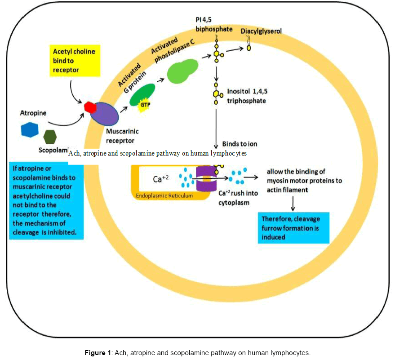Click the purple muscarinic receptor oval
[x=105, y=116]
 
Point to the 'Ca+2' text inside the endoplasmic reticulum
[x=161, y=179]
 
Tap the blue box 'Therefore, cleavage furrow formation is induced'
[x=293, y=227]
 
